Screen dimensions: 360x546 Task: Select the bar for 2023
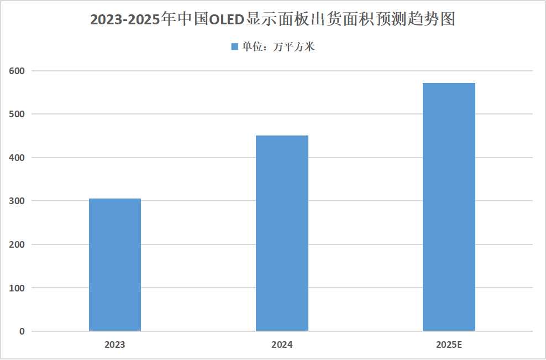(x=115, y=265)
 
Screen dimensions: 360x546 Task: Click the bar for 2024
(x=282, y=233)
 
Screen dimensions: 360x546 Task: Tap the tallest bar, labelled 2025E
(x=449, y=207)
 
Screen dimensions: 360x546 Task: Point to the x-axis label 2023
(x=115, y=345)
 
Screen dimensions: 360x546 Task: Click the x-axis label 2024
(x=282, y=345)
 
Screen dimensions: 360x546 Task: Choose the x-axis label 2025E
(x=449, y=345)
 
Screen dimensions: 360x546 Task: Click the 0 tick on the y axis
(x=22, y=331)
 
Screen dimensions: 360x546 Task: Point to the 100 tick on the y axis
(x=18, y=288)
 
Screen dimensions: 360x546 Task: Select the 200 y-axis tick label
(x=18, y=244)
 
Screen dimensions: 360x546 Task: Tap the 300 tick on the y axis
(x=18, y=201)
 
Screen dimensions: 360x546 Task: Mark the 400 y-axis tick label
(x=18, y=158)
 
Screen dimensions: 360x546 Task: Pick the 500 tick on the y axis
(x=18, y=114)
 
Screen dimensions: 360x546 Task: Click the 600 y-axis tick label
(x=18, y=71)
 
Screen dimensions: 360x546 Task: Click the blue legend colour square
(x=234, y=47)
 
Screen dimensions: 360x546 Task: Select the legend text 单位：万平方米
(x=278, y=47)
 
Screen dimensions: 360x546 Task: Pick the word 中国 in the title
(x=188, y=20)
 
